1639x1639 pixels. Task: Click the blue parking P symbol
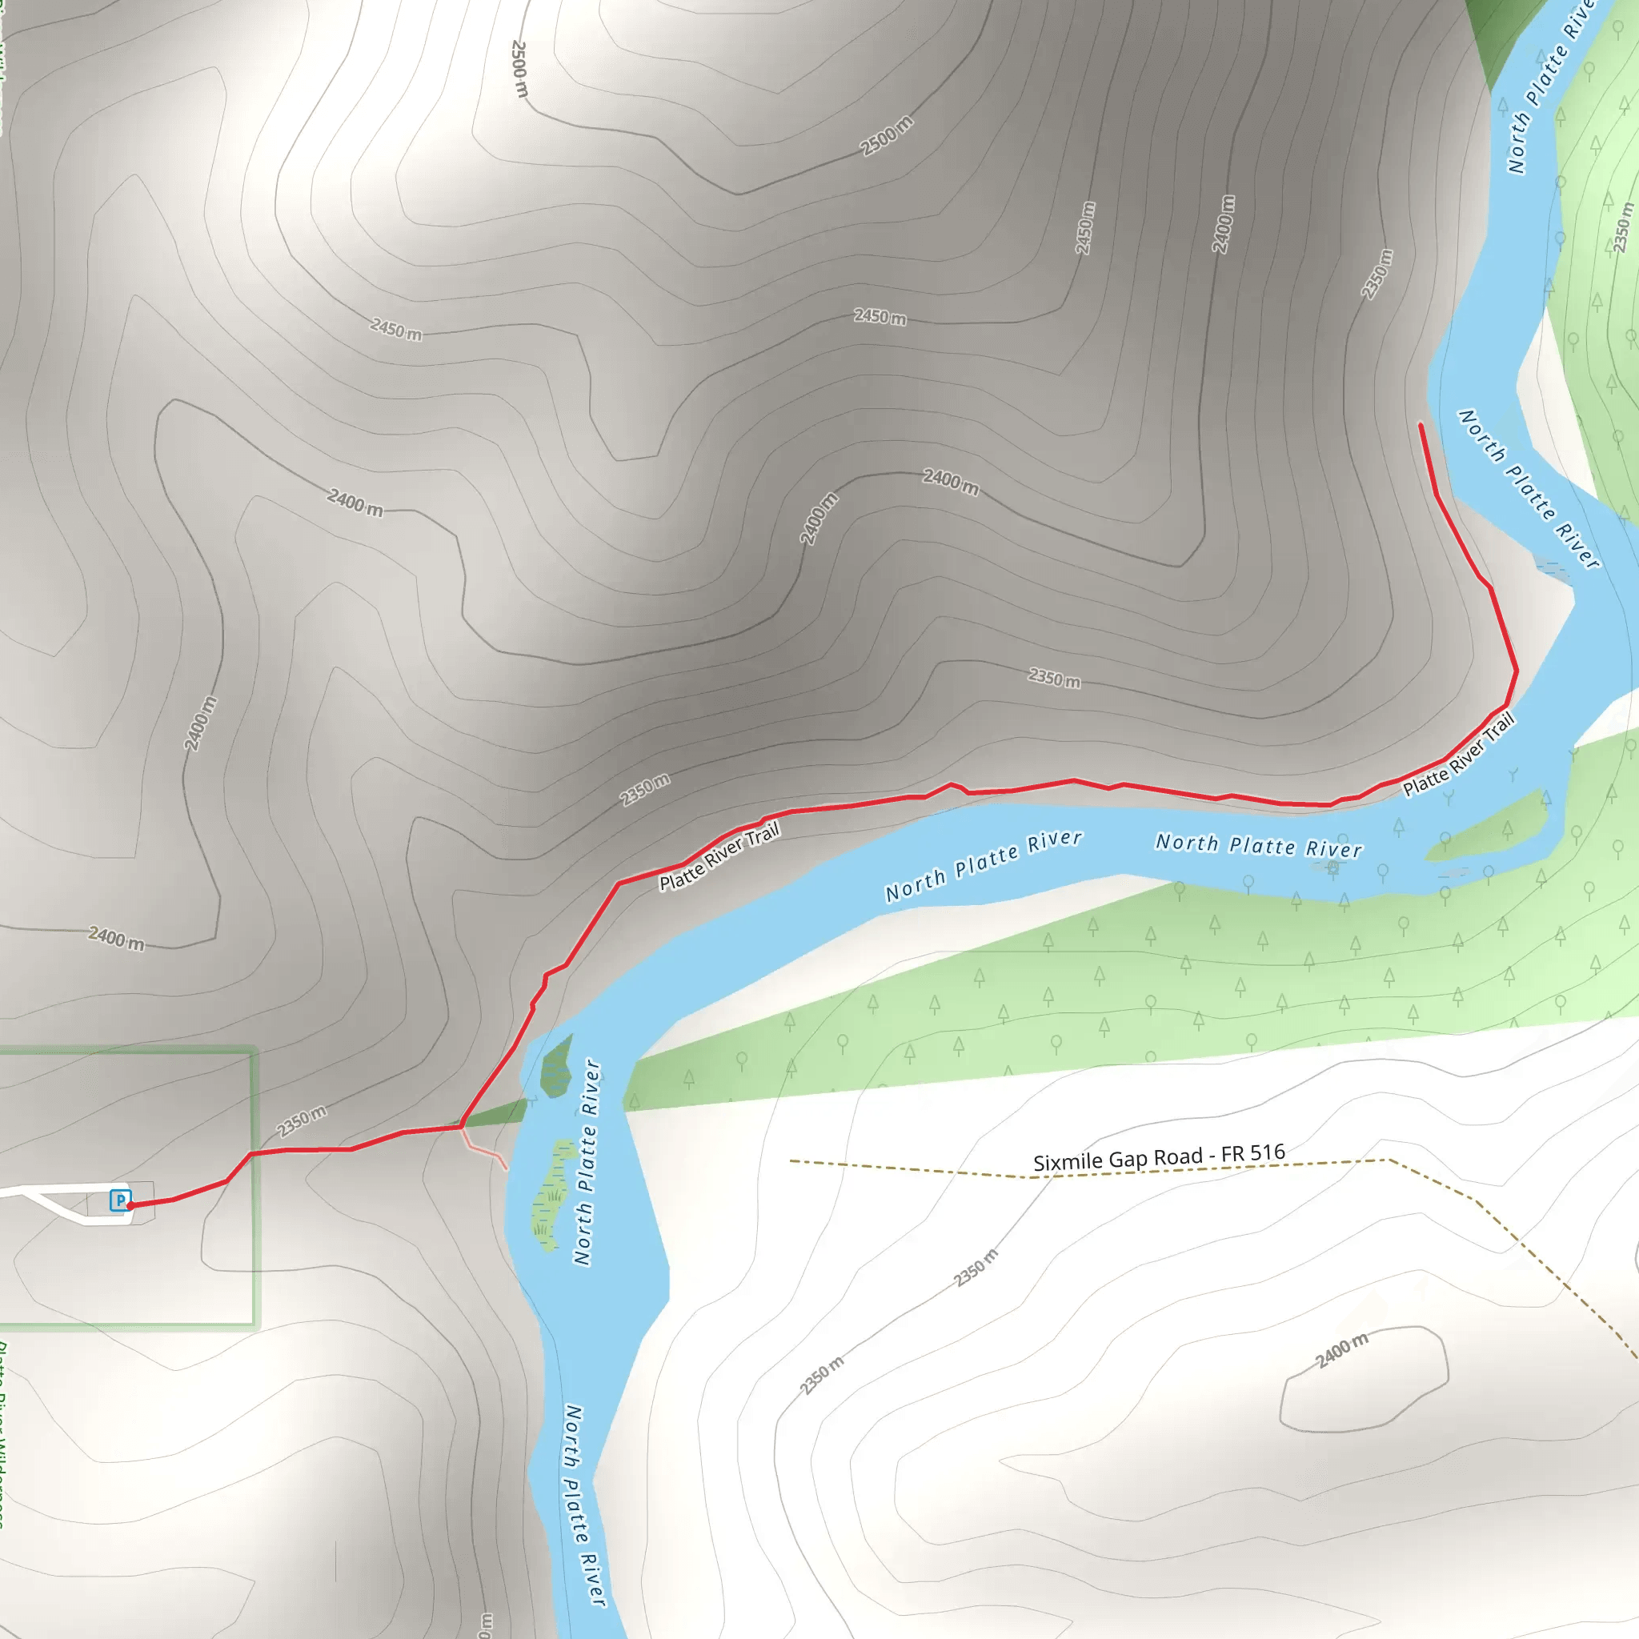121,1200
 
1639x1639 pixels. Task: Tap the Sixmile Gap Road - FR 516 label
1158,1157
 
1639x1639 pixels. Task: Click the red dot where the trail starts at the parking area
130,1204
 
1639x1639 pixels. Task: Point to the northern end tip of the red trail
1421,424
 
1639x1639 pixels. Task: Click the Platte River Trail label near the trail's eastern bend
1458,755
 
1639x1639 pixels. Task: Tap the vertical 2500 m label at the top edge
519,69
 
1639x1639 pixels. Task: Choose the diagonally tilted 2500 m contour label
887,136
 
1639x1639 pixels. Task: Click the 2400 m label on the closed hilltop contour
1342,1350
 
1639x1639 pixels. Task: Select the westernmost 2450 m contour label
395,328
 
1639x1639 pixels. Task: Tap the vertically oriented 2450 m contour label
1085,227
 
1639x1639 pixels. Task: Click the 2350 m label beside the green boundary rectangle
301,1121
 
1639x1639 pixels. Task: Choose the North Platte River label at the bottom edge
585,1507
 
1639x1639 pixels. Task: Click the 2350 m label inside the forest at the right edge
1622,226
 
